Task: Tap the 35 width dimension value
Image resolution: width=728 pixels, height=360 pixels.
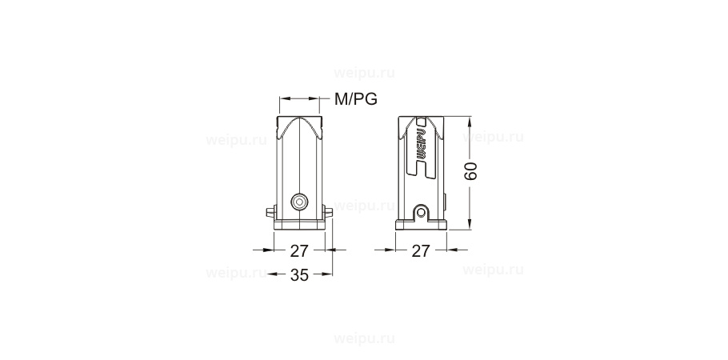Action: point(299,275)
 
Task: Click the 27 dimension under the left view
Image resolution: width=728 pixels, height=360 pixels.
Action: point(299,250)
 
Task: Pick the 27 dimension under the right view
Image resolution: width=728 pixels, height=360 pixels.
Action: point(421,250)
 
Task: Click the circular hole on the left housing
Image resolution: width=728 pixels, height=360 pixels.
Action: point(299,201)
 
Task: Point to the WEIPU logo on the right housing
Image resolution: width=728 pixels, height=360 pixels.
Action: point(422,148)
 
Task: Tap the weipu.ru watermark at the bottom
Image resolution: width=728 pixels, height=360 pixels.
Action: point(363,338)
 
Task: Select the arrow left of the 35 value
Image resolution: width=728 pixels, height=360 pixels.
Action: point(276,274)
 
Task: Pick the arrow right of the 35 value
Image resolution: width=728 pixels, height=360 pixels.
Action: point(324,274)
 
